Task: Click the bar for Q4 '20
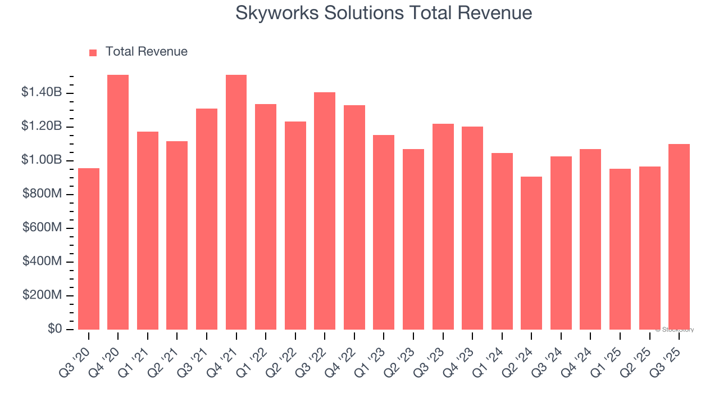[118, 202]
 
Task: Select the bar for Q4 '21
[236, 202]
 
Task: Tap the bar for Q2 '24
[531, 253]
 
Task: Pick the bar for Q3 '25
[679, 237]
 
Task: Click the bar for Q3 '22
[325, 211]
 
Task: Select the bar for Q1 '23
[384, 232]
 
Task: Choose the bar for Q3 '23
[443, 227]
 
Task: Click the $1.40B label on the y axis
[41, 92]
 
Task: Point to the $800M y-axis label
[42, 194]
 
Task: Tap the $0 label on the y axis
[54, 329]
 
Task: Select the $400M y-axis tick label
[42, 262]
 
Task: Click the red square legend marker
[93, 52]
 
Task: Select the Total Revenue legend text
[146, 52]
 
